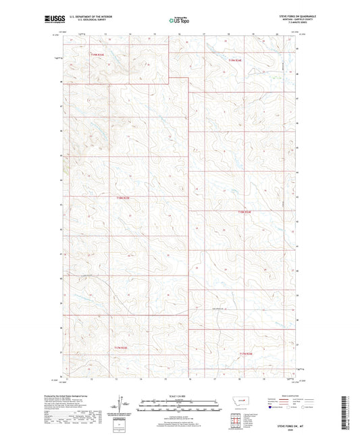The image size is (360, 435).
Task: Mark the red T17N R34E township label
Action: pyautogui.click(x=245, y=353)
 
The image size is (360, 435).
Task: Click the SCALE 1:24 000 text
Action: pyautogui.click(x=180, y=396)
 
